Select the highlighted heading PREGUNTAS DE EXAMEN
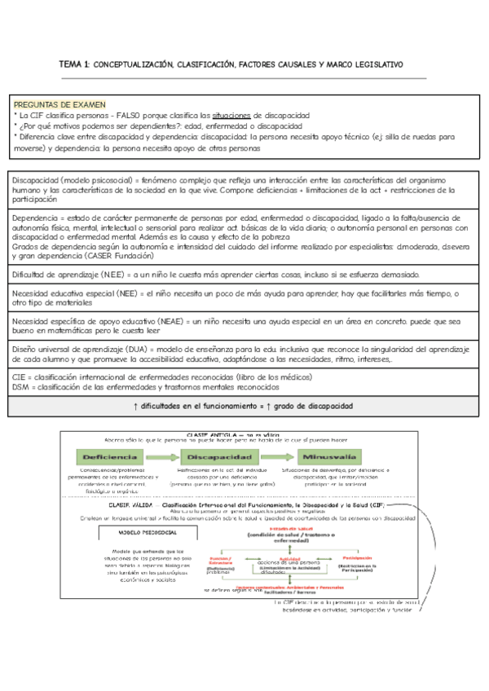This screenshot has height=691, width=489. pyautogui.click(x=53, y=105)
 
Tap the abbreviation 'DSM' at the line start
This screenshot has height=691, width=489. pyautogui.click(x=24, y=387)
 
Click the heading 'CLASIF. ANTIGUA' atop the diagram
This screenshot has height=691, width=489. pyautogui.click(x=211, y=435)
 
